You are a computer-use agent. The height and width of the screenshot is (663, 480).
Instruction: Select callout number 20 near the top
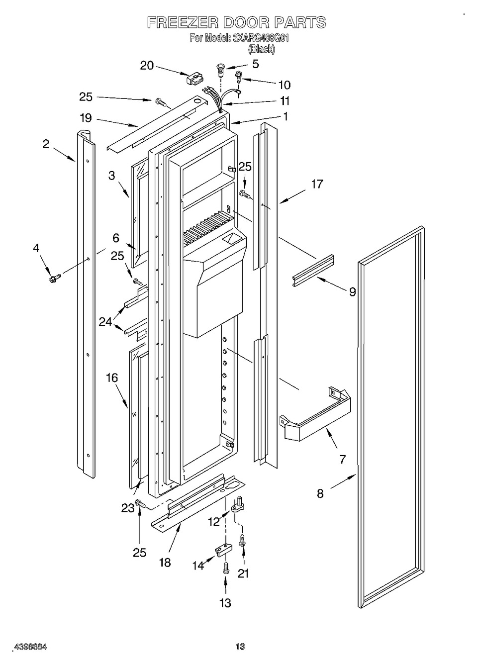147,65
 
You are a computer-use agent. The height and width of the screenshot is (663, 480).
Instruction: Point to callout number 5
255,64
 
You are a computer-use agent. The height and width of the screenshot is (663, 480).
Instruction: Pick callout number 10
285,85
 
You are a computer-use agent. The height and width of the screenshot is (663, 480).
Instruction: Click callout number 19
86,118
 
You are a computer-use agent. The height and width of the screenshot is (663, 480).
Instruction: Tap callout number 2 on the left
46,144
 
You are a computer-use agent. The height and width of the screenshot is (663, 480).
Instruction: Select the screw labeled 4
52,278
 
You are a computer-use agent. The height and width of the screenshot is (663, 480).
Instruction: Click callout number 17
317,184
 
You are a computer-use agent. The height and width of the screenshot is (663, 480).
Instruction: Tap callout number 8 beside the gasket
320,493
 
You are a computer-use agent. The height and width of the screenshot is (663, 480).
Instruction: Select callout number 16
112,378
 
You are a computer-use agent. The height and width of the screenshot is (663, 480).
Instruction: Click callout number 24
105,322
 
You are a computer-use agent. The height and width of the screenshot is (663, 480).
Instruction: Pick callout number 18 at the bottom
165,562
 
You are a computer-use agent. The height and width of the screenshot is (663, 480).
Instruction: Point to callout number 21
243,573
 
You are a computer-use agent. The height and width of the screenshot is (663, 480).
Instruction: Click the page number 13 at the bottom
240,647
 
